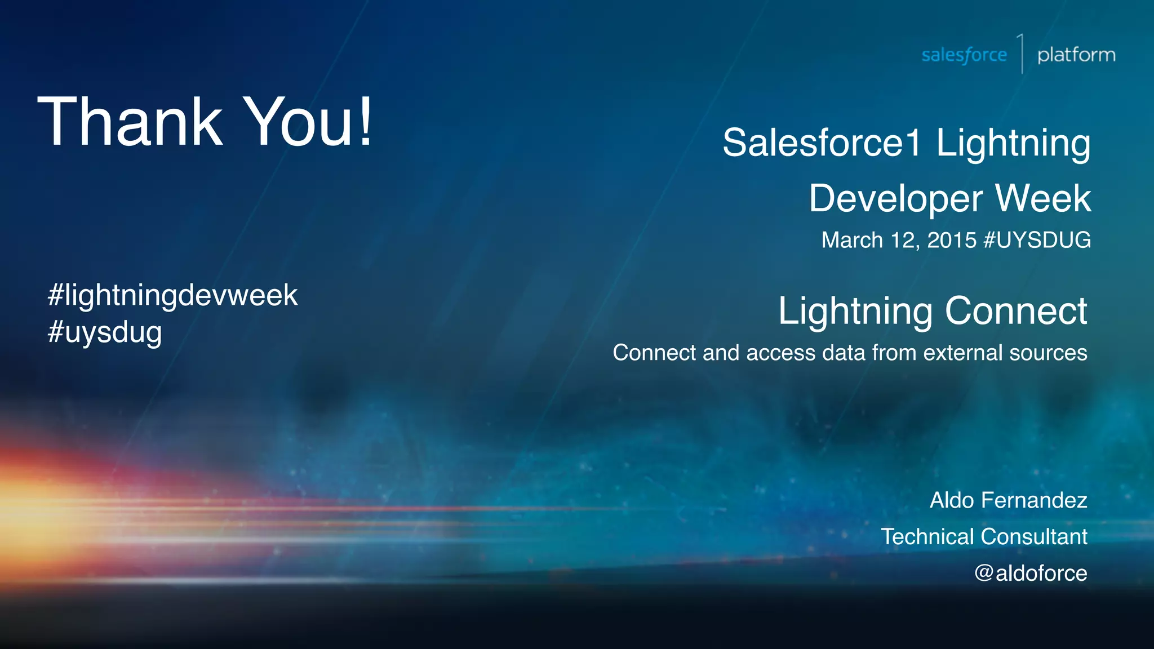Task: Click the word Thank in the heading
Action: (x=130, y=121)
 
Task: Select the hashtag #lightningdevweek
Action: (x=172, y=295)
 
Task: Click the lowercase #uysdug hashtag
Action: (x=105, y=332)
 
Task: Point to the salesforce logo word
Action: (x=964, y=55)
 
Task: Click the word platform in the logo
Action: (x=1076, y=55)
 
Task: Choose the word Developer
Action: (x=896, y=198)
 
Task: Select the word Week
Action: (x=1043, y=198)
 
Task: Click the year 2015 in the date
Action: (x=952, y=240)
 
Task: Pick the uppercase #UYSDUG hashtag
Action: (x=1037, y=240)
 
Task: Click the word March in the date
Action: (x=852, y=240)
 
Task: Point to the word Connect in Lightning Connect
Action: (x=1016, y=311)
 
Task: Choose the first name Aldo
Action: (x=952, y=500)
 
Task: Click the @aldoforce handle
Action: (x=1031, y=574)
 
